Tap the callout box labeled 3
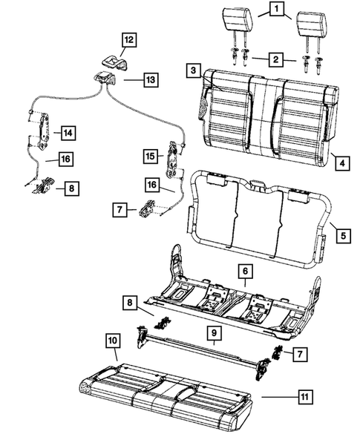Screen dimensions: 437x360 [x=192, y=70]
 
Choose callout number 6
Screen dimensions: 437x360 [x=244, y=272]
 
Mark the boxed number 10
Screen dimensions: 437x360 [x=112, y=341]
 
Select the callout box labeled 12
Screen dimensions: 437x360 [x=129, y=39]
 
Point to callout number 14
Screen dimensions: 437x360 [x=68, y=134]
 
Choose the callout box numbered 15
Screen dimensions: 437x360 [x=149, y=157]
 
